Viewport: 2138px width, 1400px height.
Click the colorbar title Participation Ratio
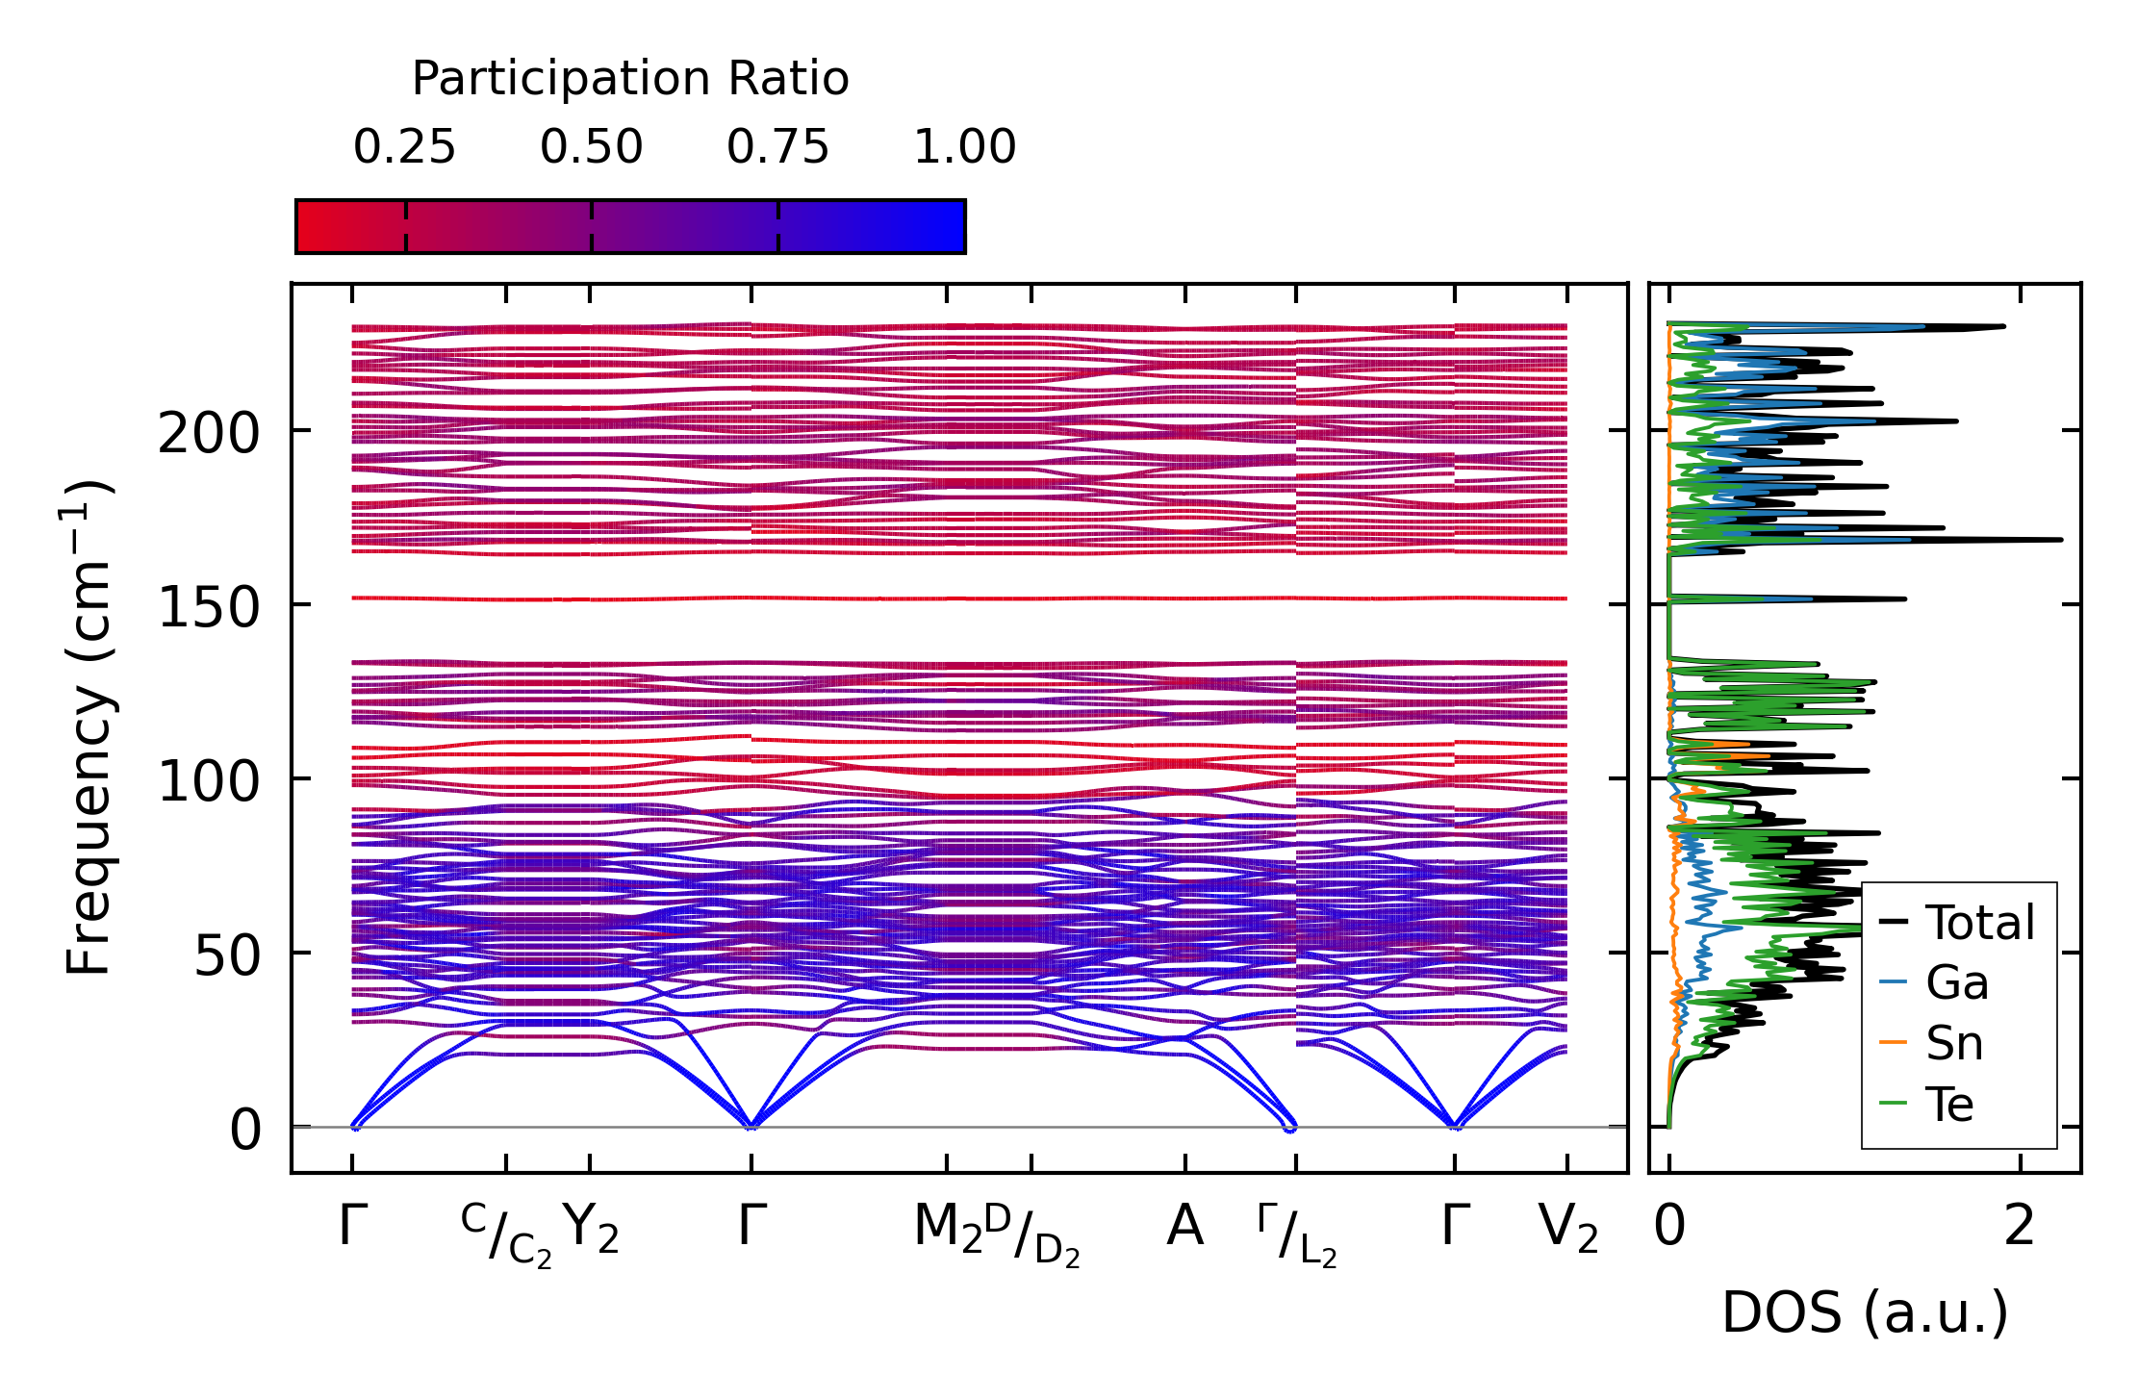[x=630, y=79]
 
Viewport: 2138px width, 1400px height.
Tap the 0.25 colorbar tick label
[x=404, y=147]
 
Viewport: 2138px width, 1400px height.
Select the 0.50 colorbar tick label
[x=591, y=147]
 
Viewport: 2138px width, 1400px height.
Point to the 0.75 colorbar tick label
[x=777, y=147]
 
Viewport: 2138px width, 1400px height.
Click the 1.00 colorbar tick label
[x=965, y=147]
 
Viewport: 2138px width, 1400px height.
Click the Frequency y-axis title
[x=89, y=727]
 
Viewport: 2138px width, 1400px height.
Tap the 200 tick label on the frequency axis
[x=209, y=434]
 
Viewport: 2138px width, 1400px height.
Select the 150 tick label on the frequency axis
[x=209, y=608]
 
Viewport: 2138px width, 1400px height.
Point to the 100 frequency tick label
[x=209, y=782]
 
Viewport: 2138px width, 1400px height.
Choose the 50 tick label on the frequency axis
[x=227, y=956]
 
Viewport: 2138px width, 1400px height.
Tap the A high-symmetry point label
[x=1184, y=1227]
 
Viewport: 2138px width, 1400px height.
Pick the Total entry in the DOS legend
[x=1957, y=923]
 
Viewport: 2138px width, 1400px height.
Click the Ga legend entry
[x=1934, y=983]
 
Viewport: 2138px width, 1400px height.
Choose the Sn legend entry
[x=1931, y=1044]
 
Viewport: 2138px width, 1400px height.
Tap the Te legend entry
[x=1926, y=1105]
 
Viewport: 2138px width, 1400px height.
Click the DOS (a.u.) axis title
[x=1865, y=1313]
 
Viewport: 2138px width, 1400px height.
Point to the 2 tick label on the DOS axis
[x=2020, y=1227]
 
